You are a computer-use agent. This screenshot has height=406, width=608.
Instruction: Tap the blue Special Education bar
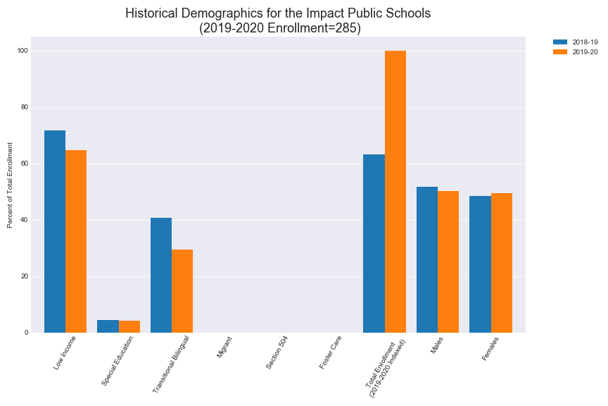point(108,326)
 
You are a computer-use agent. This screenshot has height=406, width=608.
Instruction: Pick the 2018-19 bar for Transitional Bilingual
point(161,275)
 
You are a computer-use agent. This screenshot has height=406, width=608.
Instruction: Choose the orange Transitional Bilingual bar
point(182,291)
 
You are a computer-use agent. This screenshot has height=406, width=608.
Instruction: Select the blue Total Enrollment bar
point(374,243)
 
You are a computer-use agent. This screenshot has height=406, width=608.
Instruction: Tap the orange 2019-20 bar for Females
point(501,263)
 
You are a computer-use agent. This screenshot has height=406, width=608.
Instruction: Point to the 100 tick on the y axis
point(23,51)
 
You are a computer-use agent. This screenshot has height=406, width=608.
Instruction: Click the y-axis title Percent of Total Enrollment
point(11,185)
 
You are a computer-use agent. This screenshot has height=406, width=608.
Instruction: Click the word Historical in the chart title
point(152,13)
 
